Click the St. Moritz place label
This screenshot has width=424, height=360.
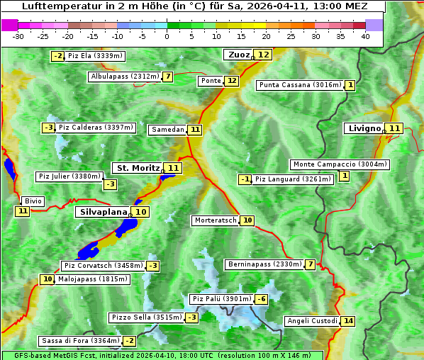(138, 168)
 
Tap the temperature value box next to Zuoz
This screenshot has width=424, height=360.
(264, 55)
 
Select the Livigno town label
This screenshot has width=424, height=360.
(364, 128)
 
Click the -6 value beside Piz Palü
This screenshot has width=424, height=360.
(262, 299)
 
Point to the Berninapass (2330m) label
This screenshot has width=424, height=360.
(264, 264)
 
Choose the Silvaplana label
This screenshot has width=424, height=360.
(103, 212)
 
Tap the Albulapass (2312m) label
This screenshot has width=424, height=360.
(125, 77)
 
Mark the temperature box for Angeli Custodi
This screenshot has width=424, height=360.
(347, 321)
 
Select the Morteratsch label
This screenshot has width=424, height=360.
(215, 220)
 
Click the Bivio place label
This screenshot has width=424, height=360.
(33, 201)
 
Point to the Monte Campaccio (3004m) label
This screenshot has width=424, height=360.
(340, 164)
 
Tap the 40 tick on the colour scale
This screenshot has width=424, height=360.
(365, 35)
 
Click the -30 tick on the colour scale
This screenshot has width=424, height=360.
(18, 35)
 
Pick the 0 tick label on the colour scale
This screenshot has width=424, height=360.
(167, 35)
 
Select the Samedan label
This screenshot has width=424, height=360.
(167, 130)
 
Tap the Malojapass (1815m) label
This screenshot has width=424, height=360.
(93, 279)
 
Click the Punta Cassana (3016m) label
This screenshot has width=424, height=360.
(299, 85)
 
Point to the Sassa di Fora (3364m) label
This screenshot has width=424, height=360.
(80, 341)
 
